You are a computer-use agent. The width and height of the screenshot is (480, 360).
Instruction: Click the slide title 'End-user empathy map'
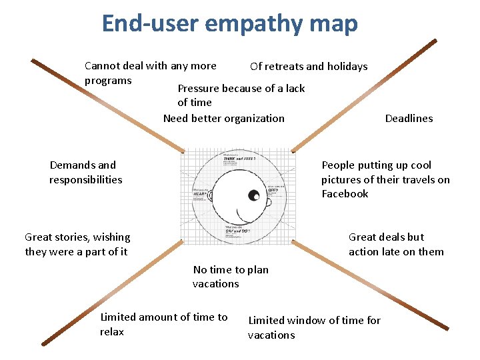[229, 24]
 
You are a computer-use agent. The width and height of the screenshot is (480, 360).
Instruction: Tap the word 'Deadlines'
[409, 118]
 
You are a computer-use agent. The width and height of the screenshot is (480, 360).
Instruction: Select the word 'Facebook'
[345, 194]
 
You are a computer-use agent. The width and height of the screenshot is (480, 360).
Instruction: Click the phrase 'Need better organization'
[223, 118]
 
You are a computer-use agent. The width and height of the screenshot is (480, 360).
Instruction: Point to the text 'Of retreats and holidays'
[308, 66]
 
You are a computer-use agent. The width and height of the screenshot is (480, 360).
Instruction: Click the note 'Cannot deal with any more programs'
[150, 73]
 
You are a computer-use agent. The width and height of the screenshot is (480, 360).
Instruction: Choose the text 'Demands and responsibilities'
[85, 172]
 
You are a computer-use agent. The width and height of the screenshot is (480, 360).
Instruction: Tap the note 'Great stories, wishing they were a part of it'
[77, 244]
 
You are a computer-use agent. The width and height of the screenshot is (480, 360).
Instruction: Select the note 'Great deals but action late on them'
[396, 244]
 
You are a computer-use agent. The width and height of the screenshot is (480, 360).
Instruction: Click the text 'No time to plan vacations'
[230, 277]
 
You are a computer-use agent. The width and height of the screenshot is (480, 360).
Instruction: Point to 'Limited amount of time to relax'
[163, 324]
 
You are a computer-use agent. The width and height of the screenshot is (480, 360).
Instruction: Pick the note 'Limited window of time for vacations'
[314, 327]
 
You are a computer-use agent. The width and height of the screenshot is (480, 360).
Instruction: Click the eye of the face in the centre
[254, 195]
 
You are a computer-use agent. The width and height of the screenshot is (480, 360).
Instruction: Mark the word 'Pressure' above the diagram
[198, 89]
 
